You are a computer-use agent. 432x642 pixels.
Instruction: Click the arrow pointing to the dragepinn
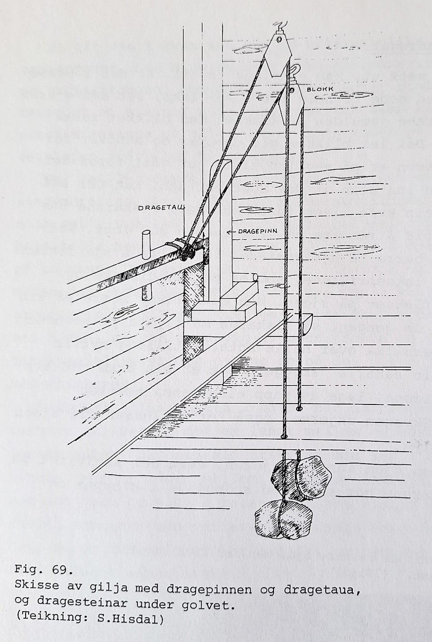click(x=231, y=232)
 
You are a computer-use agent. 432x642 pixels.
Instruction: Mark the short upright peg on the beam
click(x=146, y=245)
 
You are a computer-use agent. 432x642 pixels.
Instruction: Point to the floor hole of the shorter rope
click(x=299, y=409)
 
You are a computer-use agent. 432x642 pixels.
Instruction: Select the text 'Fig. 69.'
click(x=43, y=570)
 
